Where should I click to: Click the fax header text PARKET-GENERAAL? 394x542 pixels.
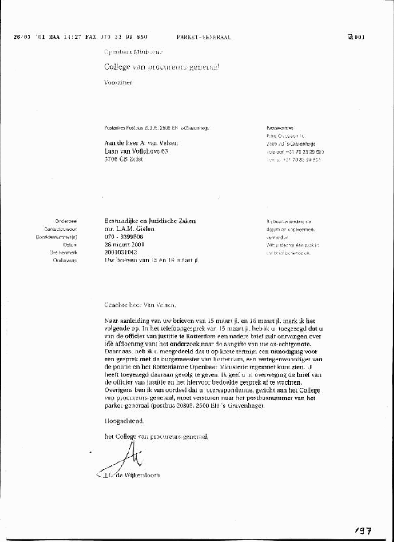pyautogui.click(x=204, y=37)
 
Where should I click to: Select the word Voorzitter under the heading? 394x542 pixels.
pyautogui.click(x=118, y=82)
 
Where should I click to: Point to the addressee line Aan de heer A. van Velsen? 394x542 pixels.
pyautogui.click(x=141, y=143)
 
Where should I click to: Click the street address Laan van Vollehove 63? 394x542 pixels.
pyautogui.click(x=136, y=151)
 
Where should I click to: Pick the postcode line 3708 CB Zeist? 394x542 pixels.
pyautogui.click(x=123, y=159)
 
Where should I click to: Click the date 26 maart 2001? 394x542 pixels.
pyautogui.click(x=124, y=244)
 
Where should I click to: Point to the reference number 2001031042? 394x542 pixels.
pyautogui.click(x=121, y=252)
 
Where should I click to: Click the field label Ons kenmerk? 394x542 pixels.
pyautogui.click(x=63, y=253)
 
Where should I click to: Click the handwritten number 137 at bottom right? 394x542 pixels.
pyautogui.click(x=363, y=531)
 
